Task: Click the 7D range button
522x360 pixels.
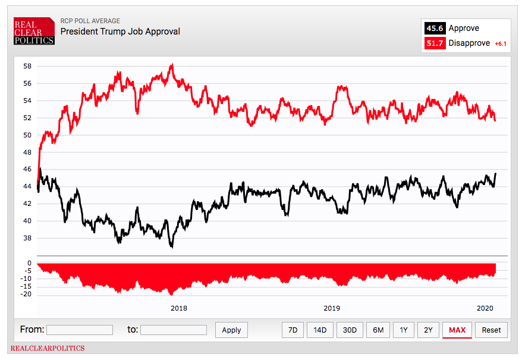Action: pyautogui.click(x=293, y=330)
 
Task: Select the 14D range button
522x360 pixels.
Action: pyautogui.click(x=320, y=330)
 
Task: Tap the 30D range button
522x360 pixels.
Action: pyautogui.click(x=350, y=330)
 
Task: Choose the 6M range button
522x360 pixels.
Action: pyautogui.click(x=378, y=330)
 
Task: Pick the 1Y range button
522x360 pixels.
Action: pyautogui.click(x=404, y=330)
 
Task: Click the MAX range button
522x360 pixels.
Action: pyautogui.click(x=457, y=330)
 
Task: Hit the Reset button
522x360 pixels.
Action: pyautogui.click(x=491, y=330)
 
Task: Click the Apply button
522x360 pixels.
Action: pyautogui.click(x=231, y=330)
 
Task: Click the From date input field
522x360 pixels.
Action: pyautogui.click(x=80, y=330)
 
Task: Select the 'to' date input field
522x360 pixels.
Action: pyautogui.click(x=174, y=330)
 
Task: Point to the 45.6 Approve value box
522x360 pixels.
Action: pyautogui.click(x=434, y=29)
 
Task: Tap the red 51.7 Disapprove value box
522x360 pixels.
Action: pyautogui.click(x=434, y=43)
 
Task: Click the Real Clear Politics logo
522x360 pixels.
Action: pyautogui.click(x=34, y=30)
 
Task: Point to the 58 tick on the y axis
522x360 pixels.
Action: pyautogui.click(x=27, y=66)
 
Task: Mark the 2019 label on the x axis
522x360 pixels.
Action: pyautogui.click(x=332, y=308)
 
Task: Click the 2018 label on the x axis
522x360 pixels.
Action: pyautogui.click(x=179, y=308)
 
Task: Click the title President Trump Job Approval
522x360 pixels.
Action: pyautogui.click(x=120, y=32)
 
